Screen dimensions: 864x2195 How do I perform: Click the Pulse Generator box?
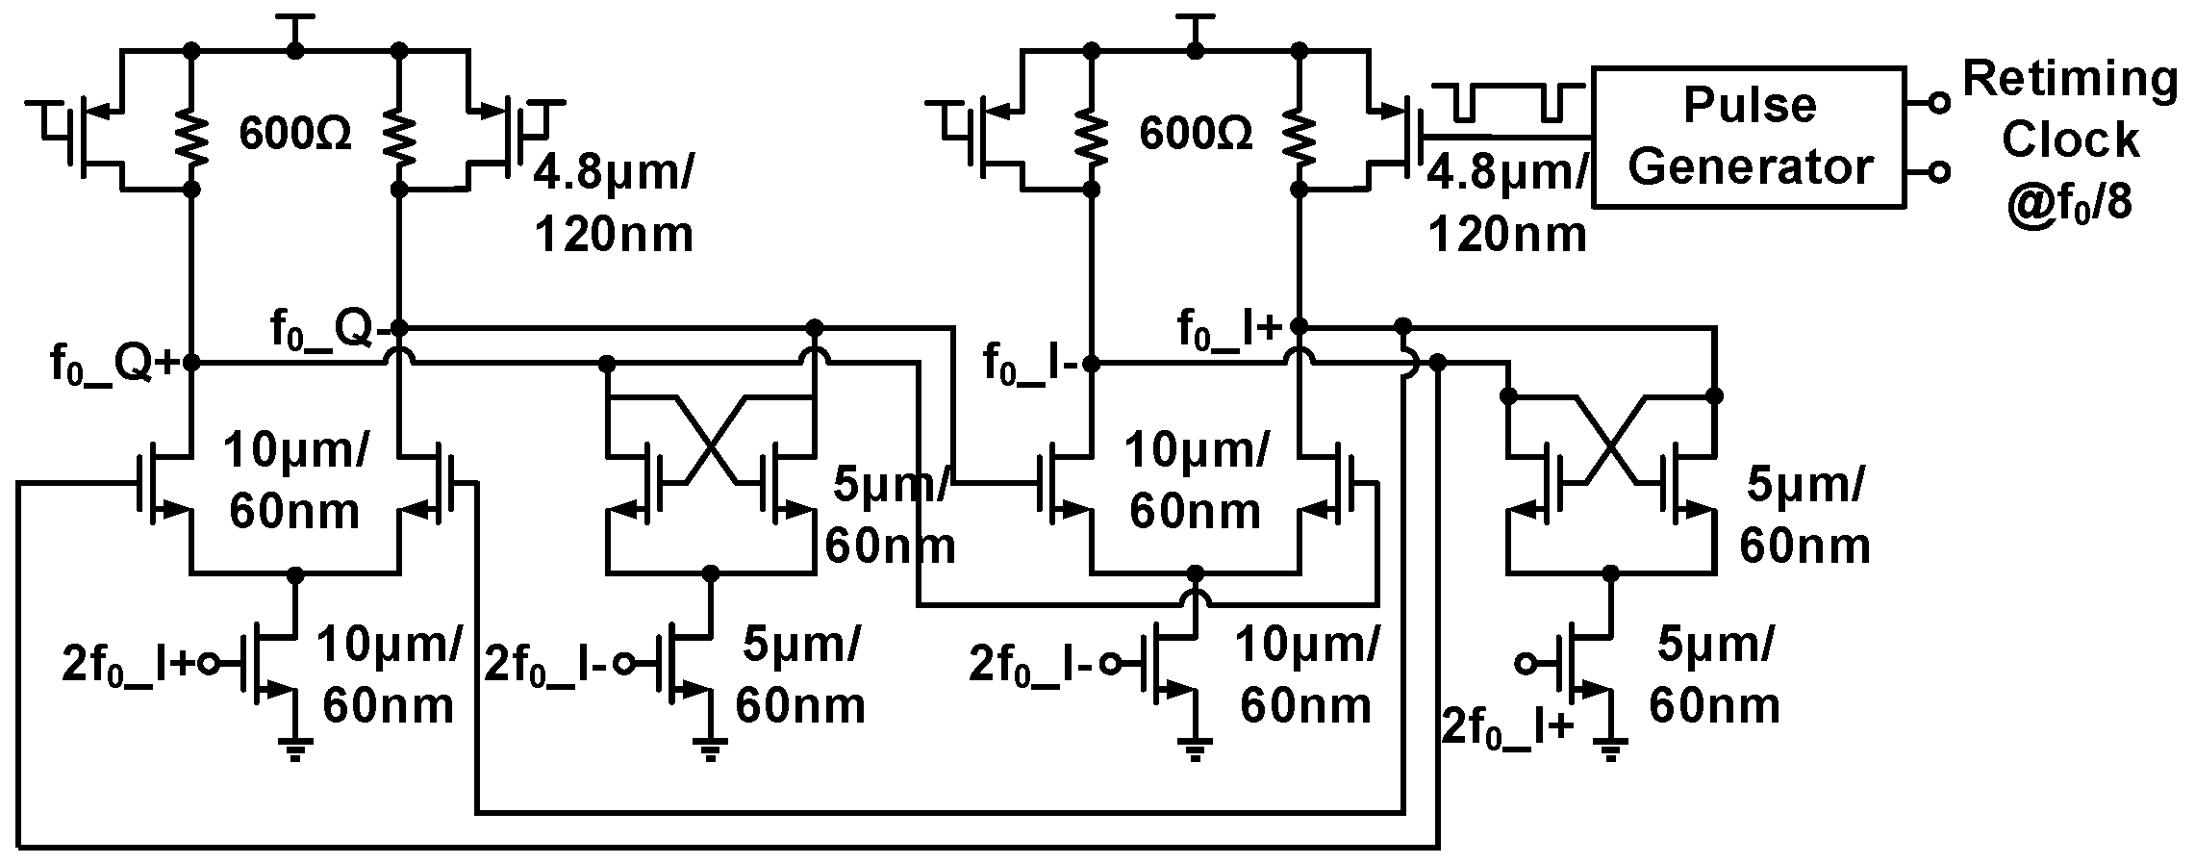pos(1749,136)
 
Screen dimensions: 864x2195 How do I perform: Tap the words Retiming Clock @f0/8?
pos(2069,140)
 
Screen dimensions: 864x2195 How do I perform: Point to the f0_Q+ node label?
pos(114,364)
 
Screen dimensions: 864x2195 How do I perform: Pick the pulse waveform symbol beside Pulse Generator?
pos(1506,101)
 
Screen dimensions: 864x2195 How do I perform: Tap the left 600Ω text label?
pos(295,134)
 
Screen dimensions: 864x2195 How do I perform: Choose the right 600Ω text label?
pos(1196,134)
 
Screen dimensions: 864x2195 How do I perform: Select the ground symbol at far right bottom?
pos(1611,749)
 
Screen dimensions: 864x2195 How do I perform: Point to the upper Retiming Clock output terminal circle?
pos(1939,103)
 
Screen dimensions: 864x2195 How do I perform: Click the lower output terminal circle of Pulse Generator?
pos(1939,172)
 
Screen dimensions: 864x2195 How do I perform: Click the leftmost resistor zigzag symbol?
pos(191,136)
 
